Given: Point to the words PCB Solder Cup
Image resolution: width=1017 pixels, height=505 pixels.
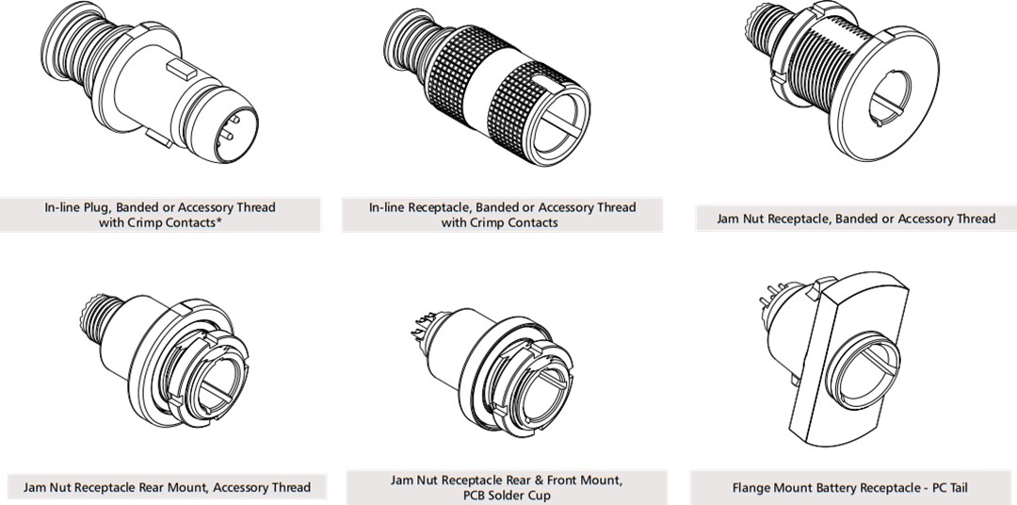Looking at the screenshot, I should (x=507, y=495).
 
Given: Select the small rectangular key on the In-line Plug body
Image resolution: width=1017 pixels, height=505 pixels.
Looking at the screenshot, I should (x=181, y=68).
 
